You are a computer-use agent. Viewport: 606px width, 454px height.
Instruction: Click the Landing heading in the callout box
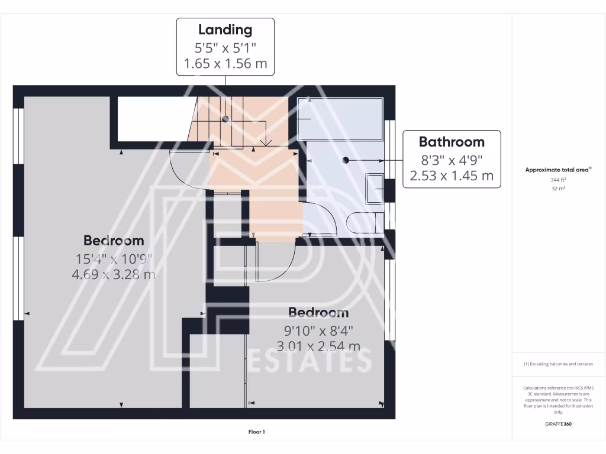[x=225, y=30]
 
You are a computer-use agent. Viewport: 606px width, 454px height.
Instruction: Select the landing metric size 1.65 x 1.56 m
[x=225, y=64]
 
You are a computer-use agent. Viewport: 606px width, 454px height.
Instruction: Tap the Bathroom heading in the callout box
[x=452, y=142]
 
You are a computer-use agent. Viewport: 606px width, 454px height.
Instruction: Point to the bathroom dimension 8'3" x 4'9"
[x=452, y=159]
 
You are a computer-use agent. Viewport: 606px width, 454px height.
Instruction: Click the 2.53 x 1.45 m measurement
[x=452, y=176]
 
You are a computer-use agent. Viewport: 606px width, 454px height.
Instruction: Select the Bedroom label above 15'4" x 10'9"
[x=114, y=241]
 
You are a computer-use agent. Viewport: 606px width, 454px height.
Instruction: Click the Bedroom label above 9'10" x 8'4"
[x=318, y=313]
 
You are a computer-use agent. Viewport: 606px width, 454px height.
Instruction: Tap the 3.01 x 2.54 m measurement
[x=318, y=346]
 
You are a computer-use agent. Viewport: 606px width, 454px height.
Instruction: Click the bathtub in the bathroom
[x=340, y=118]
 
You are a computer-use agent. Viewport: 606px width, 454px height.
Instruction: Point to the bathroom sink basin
[x=375, y=188]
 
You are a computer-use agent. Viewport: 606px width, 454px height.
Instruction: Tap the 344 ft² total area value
[x=558, y=179]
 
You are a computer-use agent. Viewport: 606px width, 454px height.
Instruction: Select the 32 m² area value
[x=558, y=189]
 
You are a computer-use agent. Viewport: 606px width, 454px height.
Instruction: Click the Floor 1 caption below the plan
[x=256, y=432]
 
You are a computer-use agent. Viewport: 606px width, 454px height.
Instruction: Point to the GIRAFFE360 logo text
[x=558, y=424]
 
